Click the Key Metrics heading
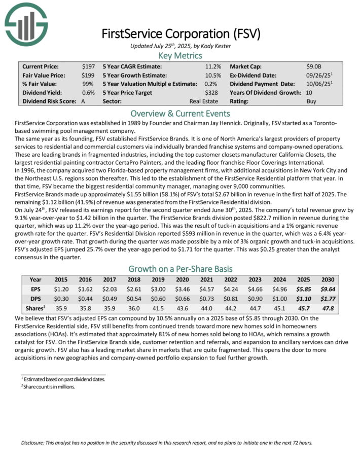tap(180, 56)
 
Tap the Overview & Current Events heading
tap(180, 114)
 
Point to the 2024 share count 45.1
tap(279, 307)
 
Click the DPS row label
tap(35, 298)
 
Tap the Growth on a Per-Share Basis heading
tap(180, 268)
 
